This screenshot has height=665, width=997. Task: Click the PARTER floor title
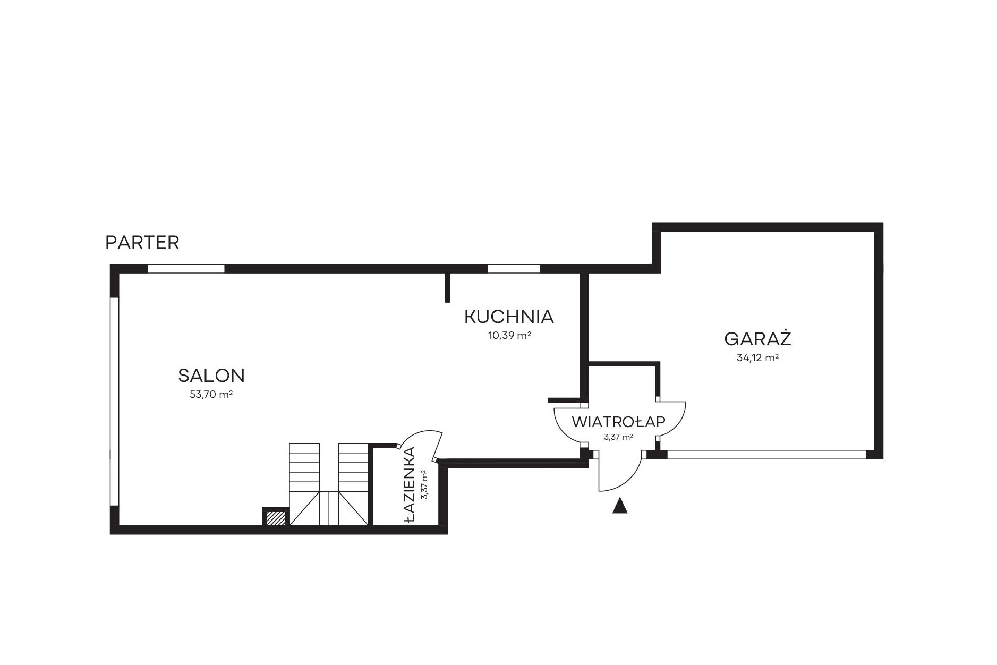coord(142,243)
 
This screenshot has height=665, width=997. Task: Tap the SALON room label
coord(211,376)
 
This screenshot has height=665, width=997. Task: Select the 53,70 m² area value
coord(211,395)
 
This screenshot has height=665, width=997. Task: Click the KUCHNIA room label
coord(509,317)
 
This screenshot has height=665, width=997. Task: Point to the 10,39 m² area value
coord(510,336)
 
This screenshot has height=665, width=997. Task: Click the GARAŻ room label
coord(758,338)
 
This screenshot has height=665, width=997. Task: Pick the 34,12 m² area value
coord(758,358)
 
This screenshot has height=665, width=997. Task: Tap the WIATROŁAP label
coord(619,422)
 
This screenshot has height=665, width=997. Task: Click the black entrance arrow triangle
coord(620,506)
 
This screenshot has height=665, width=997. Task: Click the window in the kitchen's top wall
coord(514,269)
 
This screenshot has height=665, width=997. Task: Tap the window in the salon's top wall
coord(186,269)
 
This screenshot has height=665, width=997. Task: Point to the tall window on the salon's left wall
coord(114,402)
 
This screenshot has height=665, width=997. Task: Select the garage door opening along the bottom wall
coord(767,455)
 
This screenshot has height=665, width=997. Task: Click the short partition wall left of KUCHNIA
coord(448,287)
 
